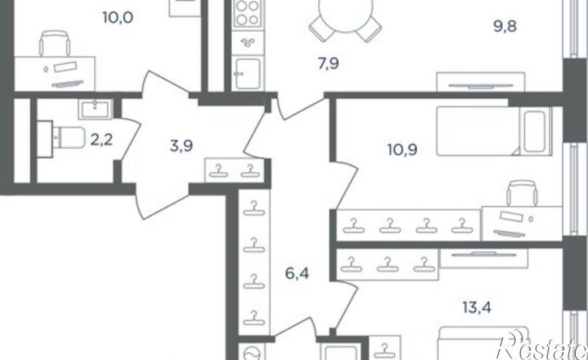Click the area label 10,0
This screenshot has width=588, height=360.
click(118, 18)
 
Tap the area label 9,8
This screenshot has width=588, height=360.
click(505, 27)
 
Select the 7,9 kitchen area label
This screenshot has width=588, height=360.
click(328, 64)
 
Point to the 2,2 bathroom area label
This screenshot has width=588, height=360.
click(101, 140)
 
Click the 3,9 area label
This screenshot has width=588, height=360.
click(181, 145)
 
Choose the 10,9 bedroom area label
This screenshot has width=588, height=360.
click(402, 150)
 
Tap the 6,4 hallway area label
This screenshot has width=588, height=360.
click(297, 273)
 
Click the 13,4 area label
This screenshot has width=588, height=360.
click(477, 308)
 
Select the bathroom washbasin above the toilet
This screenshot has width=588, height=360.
click(95, 109)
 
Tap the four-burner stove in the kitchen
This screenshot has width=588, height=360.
click(248, 13)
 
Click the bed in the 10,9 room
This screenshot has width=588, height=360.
click(494, 131)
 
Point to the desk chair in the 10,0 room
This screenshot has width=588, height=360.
click(55, 43)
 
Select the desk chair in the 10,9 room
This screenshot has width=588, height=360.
click(522, 193)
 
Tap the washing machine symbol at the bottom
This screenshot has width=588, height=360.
click(251, 353)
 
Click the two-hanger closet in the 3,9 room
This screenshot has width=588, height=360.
click(234, 170)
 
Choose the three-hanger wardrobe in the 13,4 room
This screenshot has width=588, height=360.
click(388, 264)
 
